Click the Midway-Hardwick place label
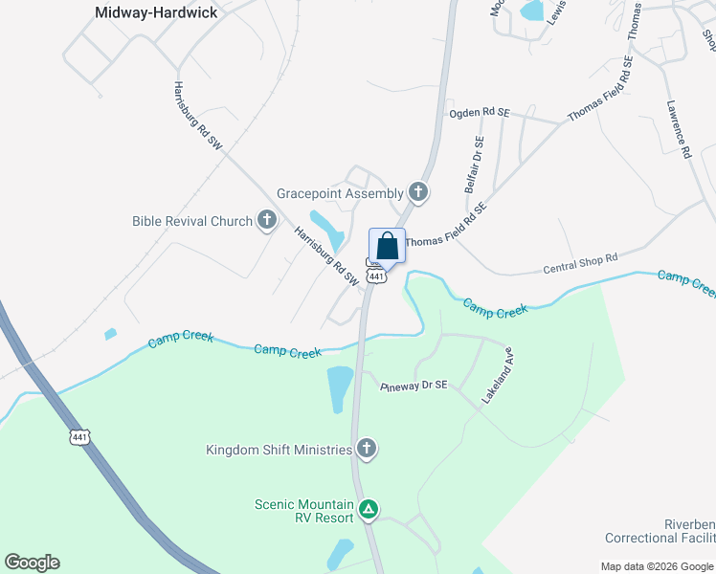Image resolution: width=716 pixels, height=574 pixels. pyautogui.click(x=157, y=12)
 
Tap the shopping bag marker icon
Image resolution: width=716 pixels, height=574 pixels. pyautogui.click(x=387, y=246)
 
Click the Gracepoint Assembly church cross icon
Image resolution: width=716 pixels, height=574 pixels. pyautogui.click(x=417, y=192)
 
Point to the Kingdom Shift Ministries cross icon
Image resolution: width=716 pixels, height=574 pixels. pyautogui.click(x=365, y=449)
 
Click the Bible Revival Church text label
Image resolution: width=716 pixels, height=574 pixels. pyautogui.click(x=191, y=221)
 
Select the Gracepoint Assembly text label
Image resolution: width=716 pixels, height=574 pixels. pyautogui.click(x=340, y=192)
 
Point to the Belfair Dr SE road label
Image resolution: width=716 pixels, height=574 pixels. pyautogui.click(x=475, y=164)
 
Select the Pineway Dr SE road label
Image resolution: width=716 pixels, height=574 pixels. pyautogui.click(x=414, y=386)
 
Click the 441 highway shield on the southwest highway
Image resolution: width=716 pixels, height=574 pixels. pyautogui.click(x=80, y=437)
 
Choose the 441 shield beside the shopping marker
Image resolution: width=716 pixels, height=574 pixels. pyautogui.click(x=377, y=276)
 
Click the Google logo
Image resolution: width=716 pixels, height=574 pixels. pyautogui.click(x=32, y=563)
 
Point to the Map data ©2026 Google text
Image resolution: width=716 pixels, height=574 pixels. pyautogui.click(x=657, y=565)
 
